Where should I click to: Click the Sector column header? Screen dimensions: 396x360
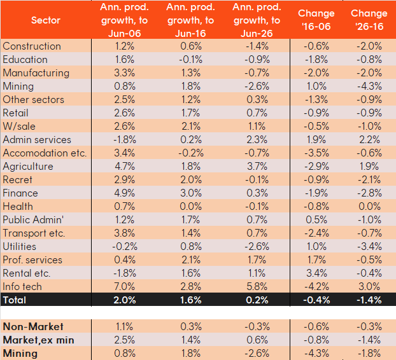[46, 20]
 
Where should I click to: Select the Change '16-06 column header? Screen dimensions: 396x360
[316, 20]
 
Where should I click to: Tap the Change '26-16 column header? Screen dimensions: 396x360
[369, 20]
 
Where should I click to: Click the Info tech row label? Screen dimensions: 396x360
[22, 287]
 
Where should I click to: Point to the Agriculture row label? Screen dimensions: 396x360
[28, 167]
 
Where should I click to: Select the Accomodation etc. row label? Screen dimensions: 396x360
[45, 153]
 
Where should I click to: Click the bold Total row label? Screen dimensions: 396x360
[15, 300]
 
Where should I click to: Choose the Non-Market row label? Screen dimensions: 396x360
[33, 327]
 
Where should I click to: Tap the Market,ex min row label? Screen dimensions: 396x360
[39, 340]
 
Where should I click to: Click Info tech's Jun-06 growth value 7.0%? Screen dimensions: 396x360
[125, 287]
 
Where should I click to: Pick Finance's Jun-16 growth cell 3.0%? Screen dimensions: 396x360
[190, 193]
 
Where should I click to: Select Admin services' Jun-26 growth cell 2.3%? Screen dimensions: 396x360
[257, 140]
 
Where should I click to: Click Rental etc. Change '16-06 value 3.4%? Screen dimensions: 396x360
[316, 273]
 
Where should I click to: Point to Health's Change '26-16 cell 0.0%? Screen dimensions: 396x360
[369, 207]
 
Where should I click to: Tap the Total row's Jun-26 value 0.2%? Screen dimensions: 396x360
[257, 300]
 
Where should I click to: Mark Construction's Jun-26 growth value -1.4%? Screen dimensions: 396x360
[257, 46]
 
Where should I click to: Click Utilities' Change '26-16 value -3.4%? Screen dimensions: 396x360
[369, 247]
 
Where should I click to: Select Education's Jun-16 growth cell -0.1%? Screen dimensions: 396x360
[190, 60]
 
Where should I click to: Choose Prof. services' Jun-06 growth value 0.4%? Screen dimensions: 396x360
[125, 260]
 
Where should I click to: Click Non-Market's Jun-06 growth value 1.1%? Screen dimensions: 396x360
[124, 327]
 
